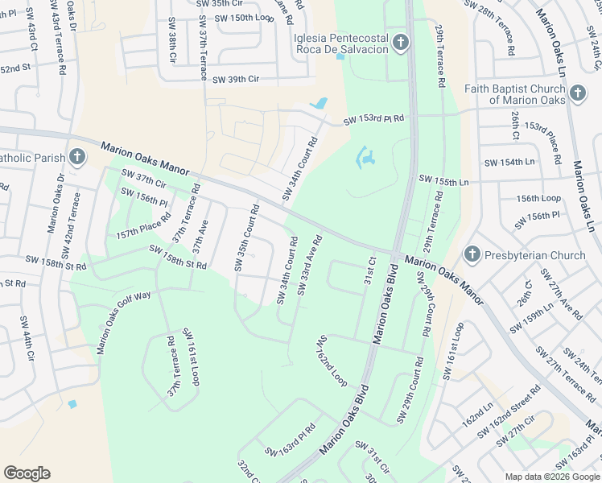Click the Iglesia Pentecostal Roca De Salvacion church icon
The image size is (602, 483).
400,42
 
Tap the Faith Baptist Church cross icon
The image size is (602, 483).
576,94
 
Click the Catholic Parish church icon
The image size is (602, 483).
76,157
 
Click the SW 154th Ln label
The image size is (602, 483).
509,163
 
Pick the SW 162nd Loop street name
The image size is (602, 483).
332,361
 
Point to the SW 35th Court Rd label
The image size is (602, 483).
245,237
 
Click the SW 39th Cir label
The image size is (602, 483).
235,80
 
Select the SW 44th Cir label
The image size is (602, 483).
27,337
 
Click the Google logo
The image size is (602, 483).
27,473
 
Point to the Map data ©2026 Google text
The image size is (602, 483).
551,477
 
